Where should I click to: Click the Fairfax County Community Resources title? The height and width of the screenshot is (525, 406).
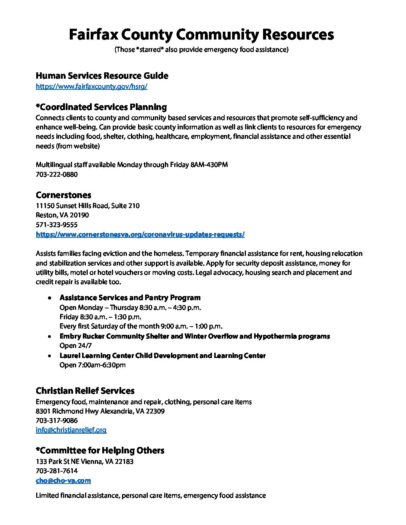tap(202, 34)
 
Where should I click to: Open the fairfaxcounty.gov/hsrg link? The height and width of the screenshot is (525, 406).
tap(91, 87)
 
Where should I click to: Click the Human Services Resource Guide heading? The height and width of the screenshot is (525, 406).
tap(102, 76)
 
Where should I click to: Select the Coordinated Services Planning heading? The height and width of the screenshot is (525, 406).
tap(101, 107)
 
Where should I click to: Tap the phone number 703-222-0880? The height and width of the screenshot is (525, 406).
tap(57, 174)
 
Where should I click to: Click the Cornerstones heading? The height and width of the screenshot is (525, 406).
tap(63, 195)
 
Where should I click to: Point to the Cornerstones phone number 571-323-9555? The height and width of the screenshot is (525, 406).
tap(57, 225)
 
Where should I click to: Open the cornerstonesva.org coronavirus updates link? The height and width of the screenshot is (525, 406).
tap(140, 235)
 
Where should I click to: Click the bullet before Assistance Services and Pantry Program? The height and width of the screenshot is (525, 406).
tap(50, 298)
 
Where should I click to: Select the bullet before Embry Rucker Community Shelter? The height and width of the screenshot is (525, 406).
tap(50, 337)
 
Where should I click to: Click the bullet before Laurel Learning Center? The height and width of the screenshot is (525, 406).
tap(50, 356)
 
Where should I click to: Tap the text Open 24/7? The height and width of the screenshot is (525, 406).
tap(75, 346)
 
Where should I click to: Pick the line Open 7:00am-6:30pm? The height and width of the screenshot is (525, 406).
tap(93, 365)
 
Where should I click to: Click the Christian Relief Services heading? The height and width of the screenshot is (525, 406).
tap(85, 391)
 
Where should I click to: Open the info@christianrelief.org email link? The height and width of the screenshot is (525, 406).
tap(71, 430)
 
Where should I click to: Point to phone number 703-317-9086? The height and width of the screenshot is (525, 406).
tap(57, 420)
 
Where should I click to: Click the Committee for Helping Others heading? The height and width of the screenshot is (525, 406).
tap(100, 450)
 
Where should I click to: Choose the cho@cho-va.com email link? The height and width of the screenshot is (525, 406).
tap(63, 481)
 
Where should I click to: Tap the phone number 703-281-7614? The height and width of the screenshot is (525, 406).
tap(57, 471)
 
